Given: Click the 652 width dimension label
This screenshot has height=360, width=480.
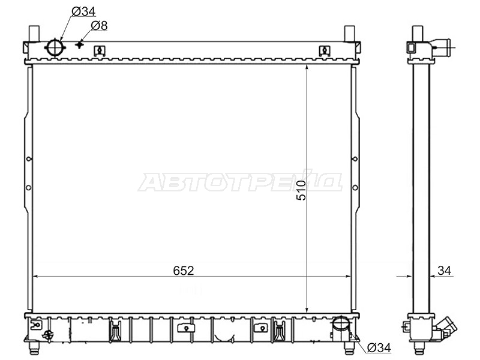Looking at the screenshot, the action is [x=184, y=271].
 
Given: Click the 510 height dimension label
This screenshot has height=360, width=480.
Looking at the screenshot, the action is [x=301, y=190].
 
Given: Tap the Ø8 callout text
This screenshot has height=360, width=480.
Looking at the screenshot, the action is [x=100, y=26].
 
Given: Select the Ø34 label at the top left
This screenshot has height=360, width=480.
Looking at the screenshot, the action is [x=83, y=11].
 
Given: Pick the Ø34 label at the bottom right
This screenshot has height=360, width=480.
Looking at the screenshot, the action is [x=379, y=348].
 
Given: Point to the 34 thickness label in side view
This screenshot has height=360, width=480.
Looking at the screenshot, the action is [x=444, y=271].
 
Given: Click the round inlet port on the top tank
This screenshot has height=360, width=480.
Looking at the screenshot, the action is [x=55, y=48].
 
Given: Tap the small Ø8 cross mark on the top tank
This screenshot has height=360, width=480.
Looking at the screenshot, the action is [x=80, y=44].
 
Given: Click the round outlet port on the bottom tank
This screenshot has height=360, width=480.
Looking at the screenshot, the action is [x=340, y=324].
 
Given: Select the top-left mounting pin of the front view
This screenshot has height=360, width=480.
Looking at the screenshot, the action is [x=34, y=34].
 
